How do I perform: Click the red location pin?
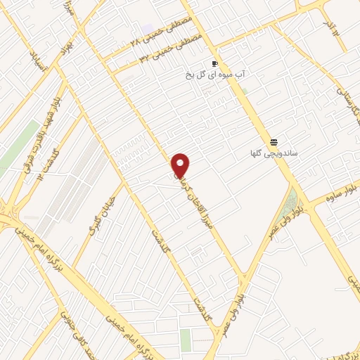[x=181, y=165]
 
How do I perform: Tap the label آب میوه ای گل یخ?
[x=214, y=73]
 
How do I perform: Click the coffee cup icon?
[x=214, y=63]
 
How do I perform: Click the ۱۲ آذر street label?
[x=331, y=30]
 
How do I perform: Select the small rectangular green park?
[x=185, y=340]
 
